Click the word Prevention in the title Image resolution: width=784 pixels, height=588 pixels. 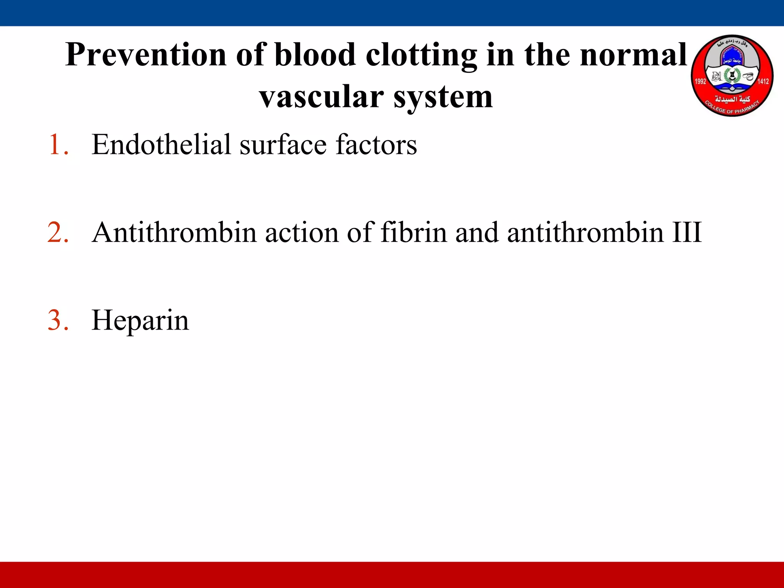(146, 55)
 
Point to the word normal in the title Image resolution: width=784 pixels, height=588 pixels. (633, 55)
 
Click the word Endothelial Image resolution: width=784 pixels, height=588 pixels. (161, 145)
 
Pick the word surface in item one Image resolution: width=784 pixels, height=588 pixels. (283, 145)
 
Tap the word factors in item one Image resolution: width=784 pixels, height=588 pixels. (376, 145)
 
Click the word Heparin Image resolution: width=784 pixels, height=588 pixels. (140, 321)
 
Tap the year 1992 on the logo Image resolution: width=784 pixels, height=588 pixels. (700, 81)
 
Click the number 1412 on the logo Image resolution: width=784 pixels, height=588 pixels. (763, 81)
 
